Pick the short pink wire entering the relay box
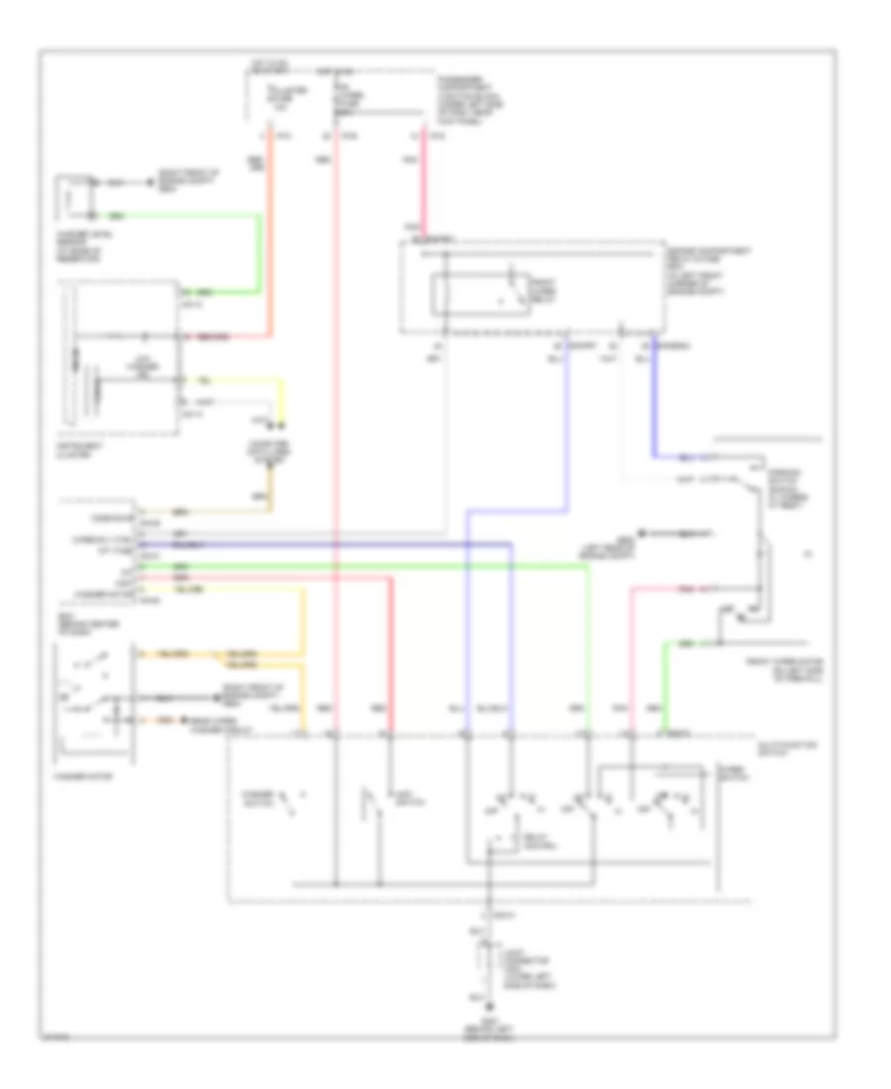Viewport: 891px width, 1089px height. [x=427, y=188]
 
